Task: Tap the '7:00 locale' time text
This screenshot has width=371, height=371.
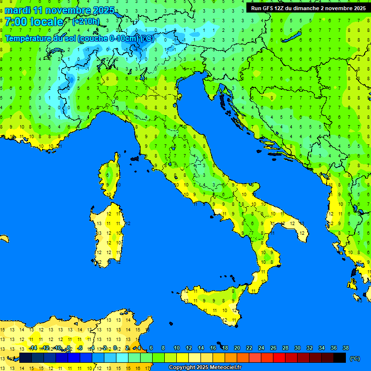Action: (34, 22)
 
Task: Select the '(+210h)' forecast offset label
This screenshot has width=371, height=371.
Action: (86, 22)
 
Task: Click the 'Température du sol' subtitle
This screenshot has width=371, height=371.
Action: (41, 39)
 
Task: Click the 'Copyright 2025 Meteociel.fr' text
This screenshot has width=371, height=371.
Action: (205, 368)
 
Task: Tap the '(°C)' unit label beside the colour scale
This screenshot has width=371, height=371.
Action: (355, 358)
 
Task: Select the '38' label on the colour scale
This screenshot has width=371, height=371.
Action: (345, 348)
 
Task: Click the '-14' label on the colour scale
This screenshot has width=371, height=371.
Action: (33, 348)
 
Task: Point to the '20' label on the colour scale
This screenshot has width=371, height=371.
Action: (237, 348)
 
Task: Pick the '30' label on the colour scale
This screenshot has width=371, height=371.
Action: (298, 348)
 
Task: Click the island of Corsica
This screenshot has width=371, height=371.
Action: (111, 176)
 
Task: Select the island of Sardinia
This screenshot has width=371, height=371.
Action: (107, 234)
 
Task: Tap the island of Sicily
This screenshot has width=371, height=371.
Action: (213, 302)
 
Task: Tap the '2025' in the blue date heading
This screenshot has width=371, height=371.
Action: (104, 10)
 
